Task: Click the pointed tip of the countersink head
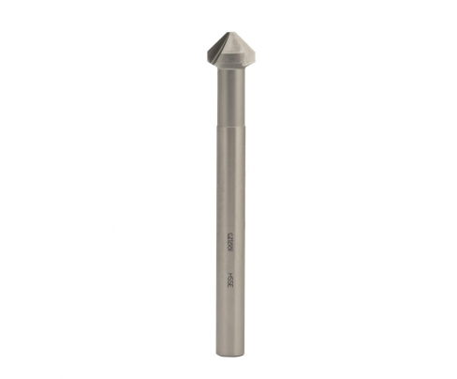tap(228, 28)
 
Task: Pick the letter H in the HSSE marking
tap(229, 273)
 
